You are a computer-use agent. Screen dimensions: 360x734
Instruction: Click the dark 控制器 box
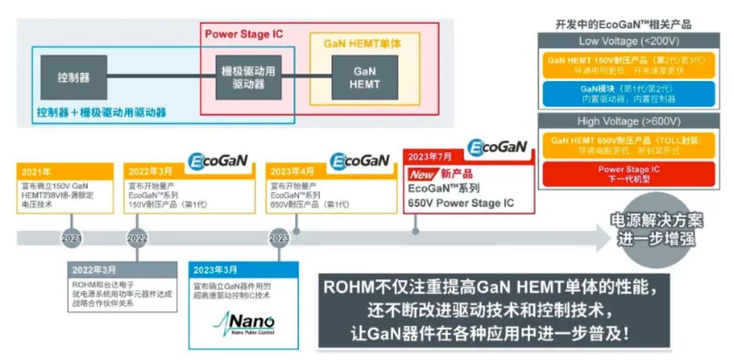click(73, 78)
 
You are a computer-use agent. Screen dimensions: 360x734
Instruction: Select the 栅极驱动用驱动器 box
click(248, 78)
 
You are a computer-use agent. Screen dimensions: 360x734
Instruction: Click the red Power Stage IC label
click(244, 34)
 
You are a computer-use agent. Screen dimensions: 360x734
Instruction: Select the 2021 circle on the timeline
click(72, 239)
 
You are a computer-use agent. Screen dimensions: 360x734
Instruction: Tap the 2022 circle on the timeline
click(137, 239)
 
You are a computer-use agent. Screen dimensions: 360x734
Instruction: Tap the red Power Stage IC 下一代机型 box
click(629, 173)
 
